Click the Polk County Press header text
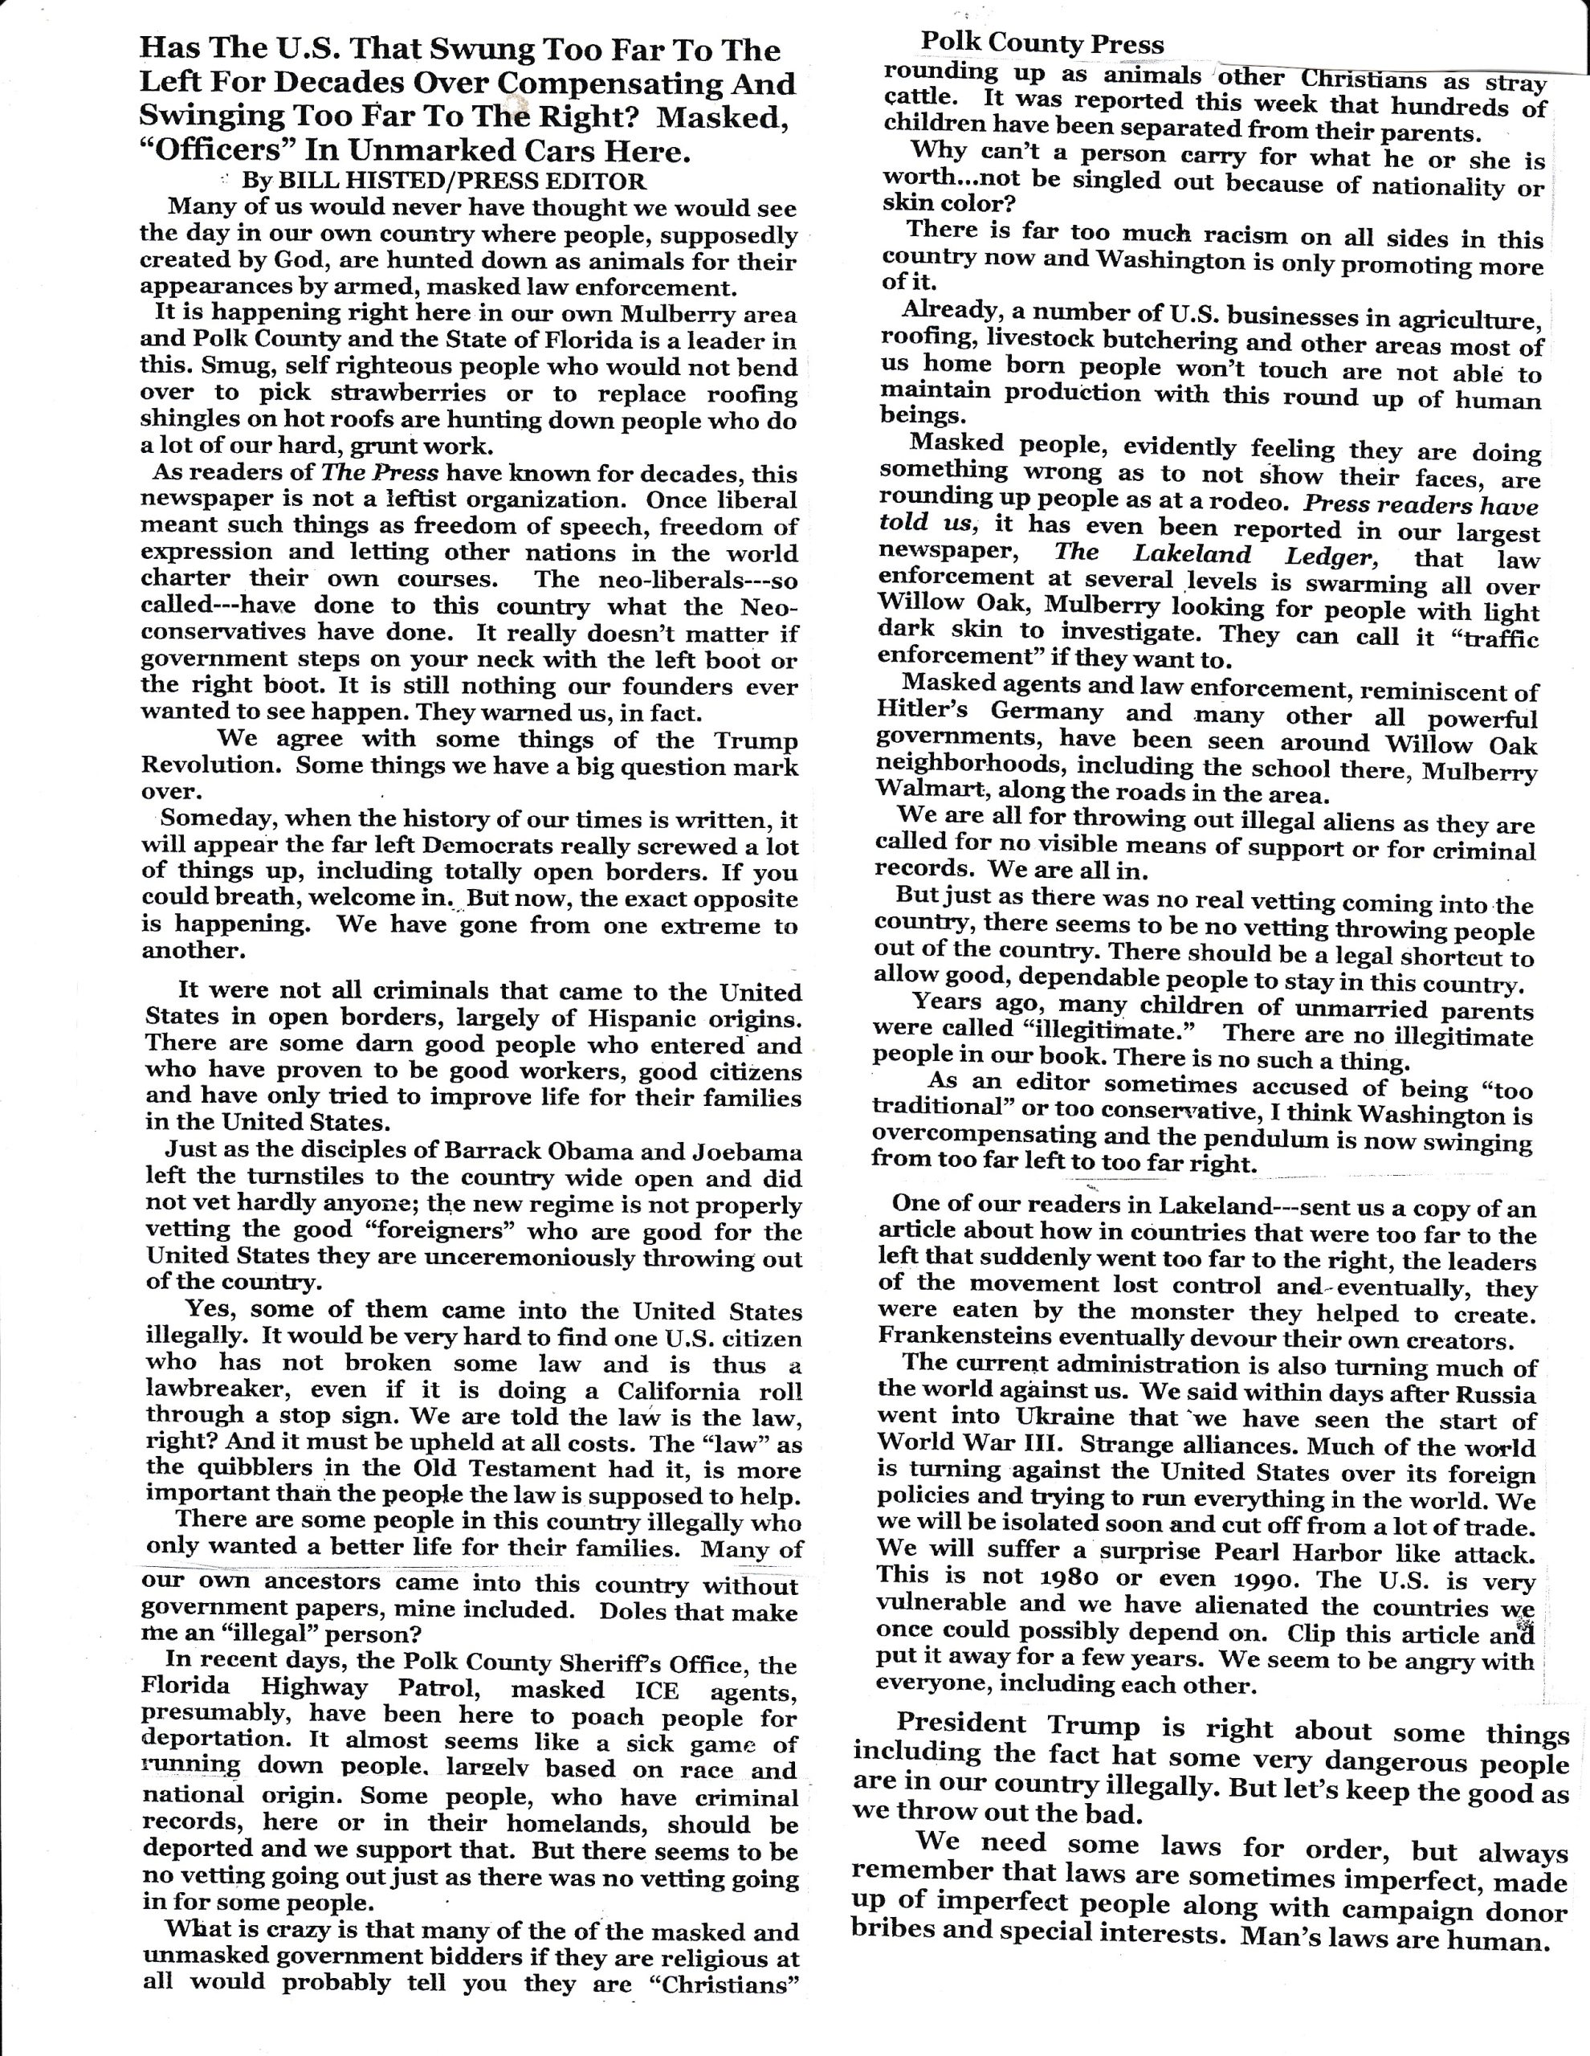[x=1042, y=43]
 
